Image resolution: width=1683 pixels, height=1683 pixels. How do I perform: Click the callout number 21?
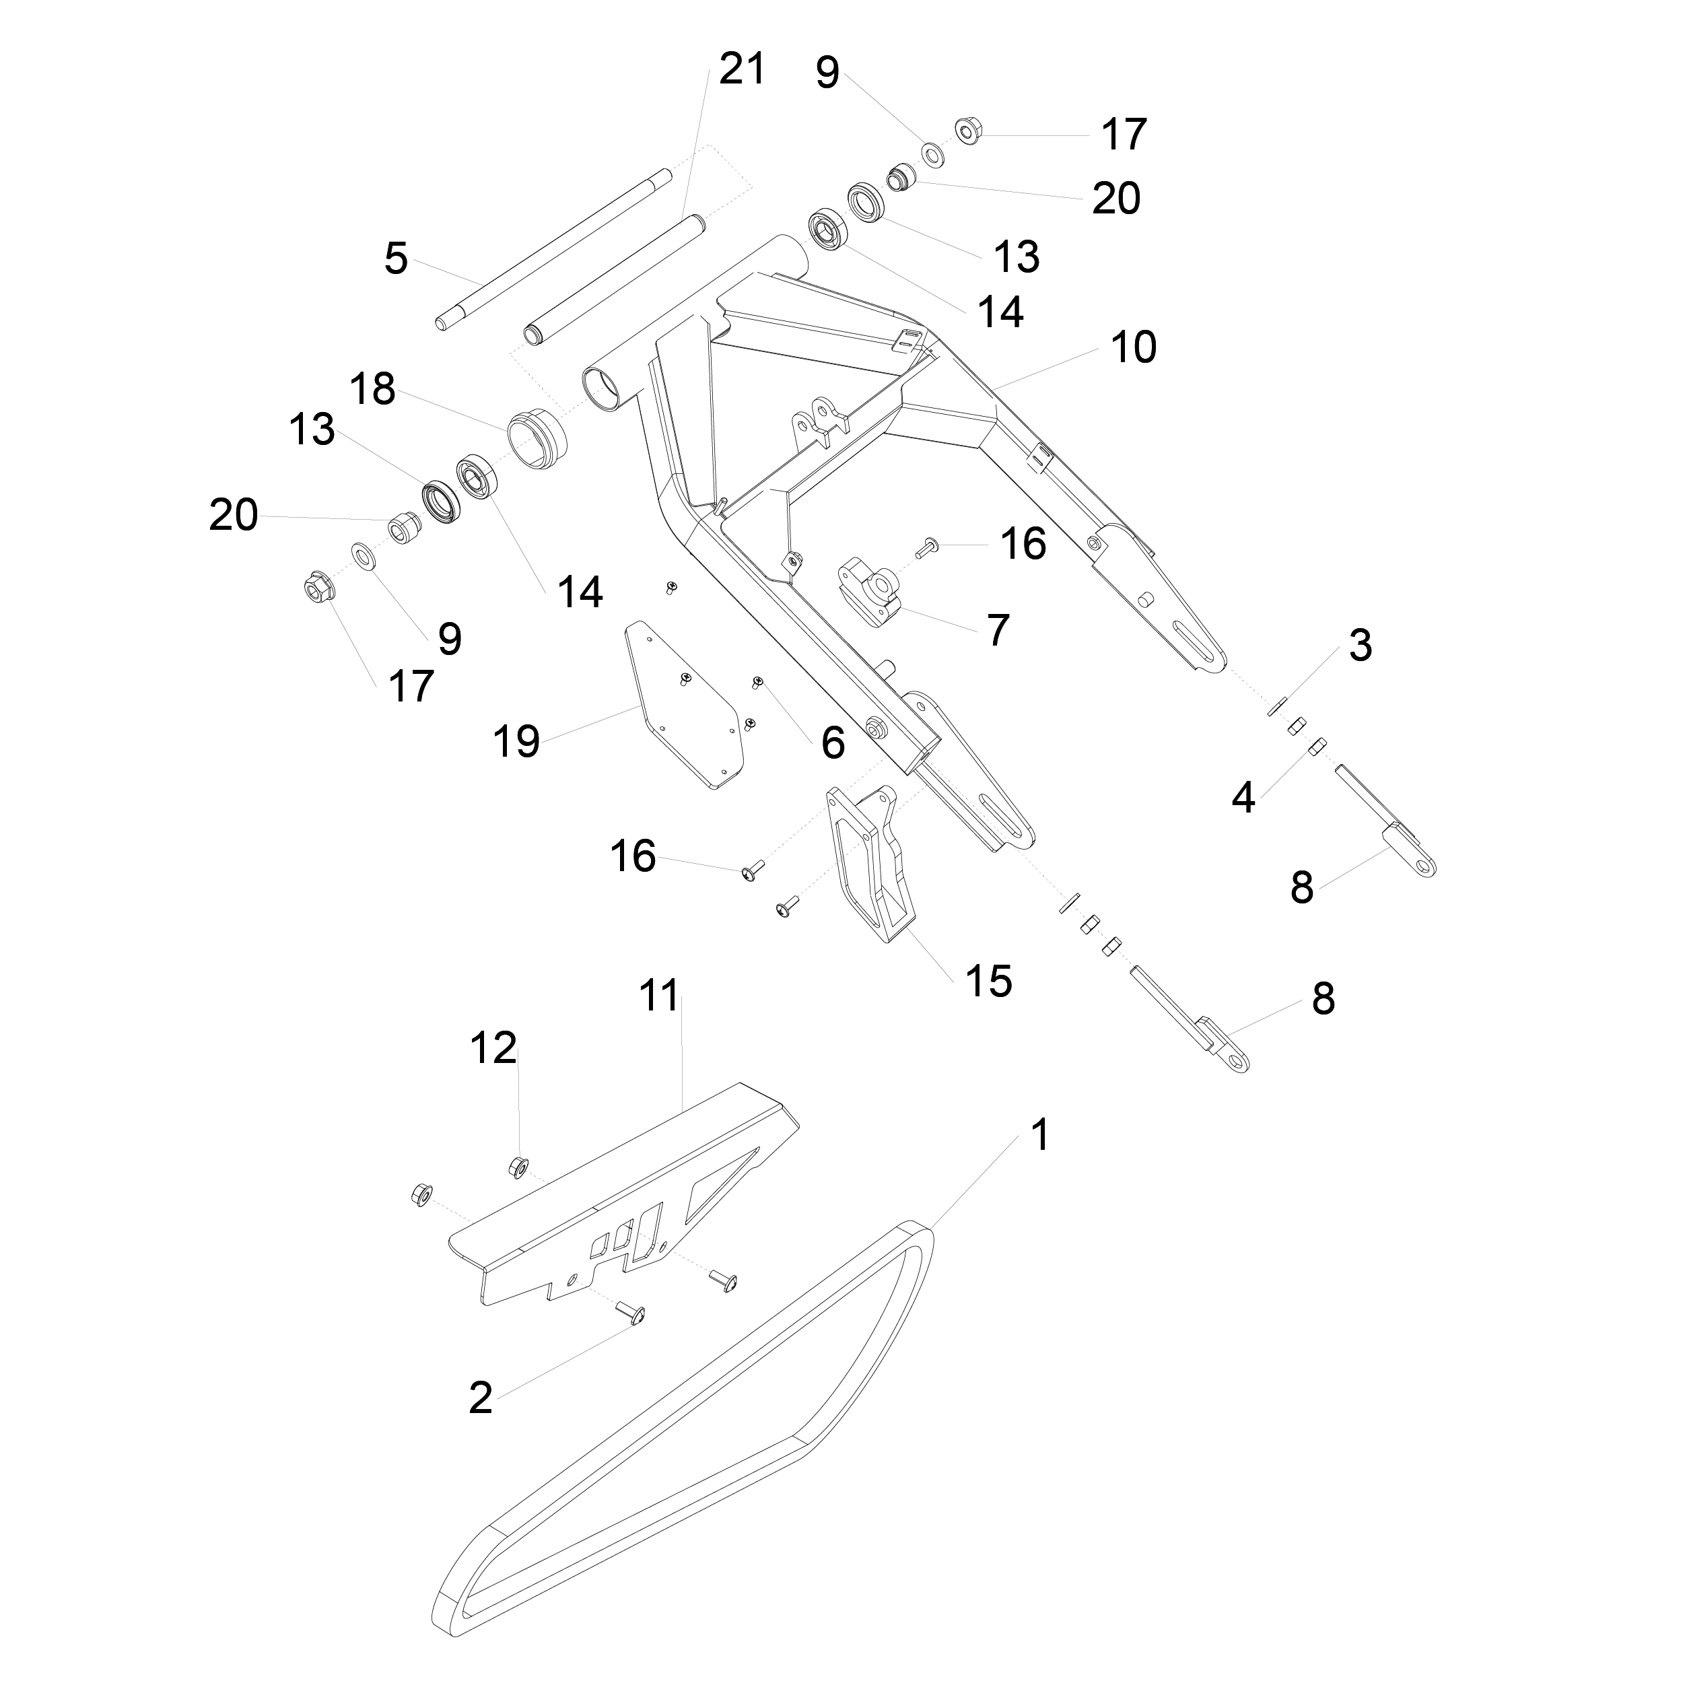tap(742, 69)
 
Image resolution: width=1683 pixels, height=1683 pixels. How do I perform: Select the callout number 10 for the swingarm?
tap(1133, 347)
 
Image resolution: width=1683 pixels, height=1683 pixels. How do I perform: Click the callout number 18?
tap(373, 389)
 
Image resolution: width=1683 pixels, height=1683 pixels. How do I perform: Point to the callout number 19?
tap(516, 741)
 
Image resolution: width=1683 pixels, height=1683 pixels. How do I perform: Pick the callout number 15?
tap(989, 981)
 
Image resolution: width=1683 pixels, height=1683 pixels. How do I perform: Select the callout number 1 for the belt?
tap(1040, 1135)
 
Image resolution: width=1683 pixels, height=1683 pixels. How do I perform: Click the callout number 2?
tap(480, 1398)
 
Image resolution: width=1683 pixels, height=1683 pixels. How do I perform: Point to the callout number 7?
tap(998, 630)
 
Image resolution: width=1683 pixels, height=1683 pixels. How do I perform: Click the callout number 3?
tap(1360, 646)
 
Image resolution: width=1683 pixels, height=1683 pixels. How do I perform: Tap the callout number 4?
tap(1243, 797)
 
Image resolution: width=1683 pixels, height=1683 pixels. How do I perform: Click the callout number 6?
tap(833, 743)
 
